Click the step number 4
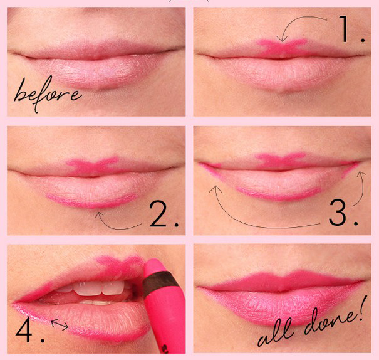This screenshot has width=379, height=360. point(29,329)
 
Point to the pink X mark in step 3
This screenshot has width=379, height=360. point(279,161)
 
